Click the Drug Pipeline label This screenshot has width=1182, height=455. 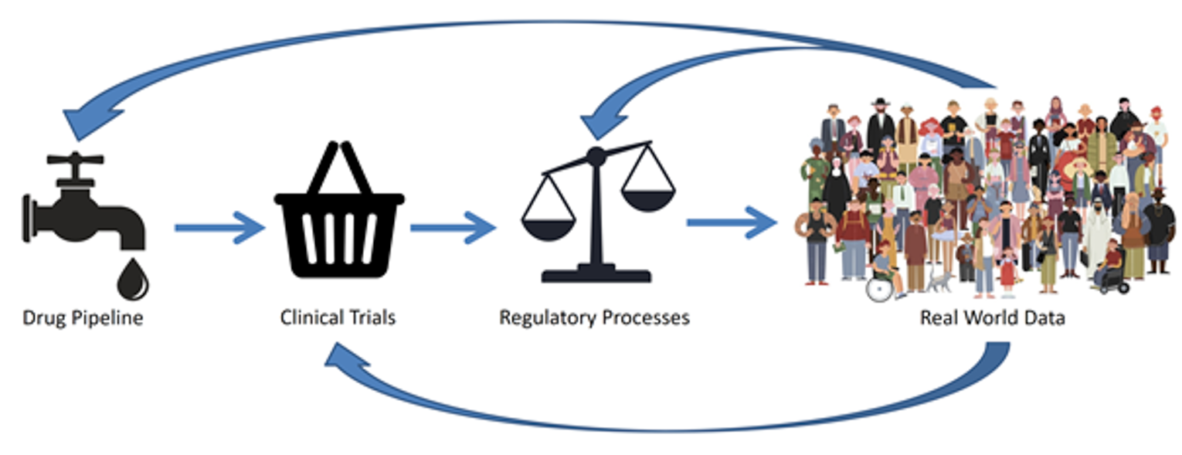(83, 317)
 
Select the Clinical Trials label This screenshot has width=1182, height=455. (338, 317)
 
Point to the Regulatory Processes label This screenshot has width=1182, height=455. (594, 317)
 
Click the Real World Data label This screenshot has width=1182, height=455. (992, 317)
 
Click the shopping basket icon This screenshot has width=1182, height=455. (339, 224)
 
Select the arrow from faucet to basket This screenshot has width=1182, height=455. (219, 227)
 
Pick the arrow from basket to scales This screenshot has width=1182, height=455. (453, 227)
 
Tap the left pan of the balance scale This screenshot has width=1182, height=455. (548, 225)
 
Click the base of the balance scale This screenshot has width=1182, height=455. (596, 273)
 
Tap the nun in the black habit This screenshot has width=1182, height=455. (836, 185)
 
